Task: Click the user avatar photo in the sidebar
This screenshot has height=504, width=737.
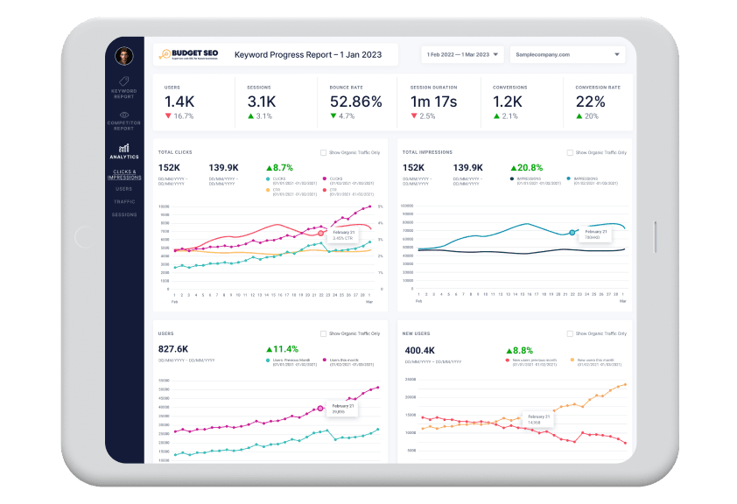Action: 124,55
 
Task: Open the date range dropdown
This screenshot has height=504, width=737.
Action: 462,54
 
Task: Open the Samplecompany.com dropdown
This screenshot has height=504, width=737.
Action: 567,54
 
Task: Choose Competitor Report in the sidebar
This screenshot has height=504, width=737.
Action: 124,120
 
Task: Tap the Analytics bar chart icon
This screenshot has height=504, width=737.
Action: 124,149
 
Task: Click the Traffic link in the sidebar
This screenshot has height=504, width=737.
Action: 124,201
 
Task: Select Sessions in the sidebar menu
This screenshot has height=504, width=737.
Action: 124,214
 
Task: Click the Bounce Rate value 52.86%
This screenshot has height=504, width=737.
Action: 356,101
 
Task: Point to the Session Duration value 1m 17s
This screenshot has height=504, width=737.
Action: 433,101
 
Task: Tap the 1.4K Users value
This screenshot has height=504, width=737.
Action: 179,101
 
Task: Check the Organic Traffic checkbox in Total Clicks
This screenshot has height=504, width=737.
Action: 324,152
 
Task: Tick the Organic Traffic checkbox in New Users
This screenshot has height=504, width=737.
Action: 570,333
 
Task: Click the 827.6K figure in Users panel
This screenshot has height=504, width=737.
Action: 174,348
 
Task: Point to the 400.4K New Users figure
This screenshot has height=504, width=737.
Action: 418,348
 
